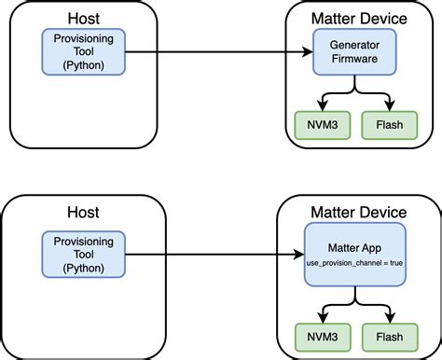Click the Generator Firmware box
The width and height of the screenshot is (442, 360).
click(x=354, y=52)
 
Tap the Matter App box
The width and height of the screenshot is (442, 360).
click(x=354, y=255)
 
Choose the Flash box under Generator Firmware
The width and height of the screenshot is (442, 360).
click(x=389, y=126)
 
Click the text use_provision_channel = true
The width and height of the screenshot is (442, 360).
click(x=354, y=266)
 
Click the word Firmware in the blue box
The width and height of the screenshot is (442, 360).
click(x=354, y=60)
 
